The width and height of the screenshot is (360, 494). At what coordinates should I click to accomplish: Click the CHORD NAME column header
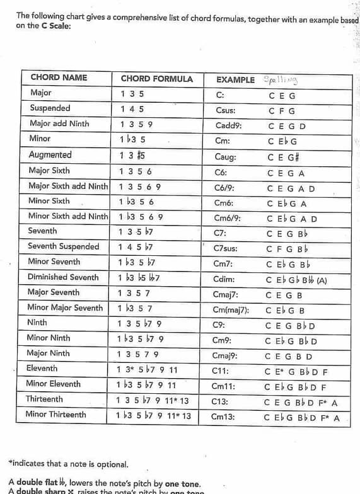[59, 78]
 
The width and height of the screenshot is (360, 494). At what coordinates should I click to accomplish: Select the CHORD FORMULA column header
[156, 79]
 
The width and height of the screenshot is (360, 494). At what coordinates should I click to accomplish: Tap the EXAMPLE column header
[235, 80]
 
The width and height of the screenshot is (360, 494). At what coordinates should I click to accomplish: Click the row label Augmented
[50, 155]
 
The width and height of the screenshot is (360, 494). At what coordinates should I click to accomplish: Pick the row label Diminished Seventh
[63, 277]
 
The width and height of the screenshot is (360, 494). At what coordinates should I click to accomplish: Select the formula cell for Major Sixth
[136, 171]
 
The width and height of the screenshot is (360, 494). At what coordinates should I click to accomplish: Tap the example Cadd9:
[228, 125]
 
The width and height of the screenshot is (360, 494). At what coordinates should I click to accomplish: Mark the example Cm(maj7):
[231, 310]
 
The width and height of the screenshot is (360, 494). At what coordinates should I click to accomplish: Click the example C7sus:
[227, 248]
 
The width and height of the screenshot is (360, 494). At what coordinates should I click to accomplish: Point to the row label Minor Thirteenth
[55, 415]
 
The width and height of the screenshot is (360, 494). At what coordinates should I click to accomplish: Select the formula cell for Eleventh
[148, 369]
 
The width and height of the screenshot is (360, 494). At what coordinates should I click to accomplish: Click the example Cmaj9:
[227, 356]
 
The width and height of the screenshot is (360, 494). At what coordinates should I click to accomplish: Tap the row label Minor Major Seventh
[65, 308]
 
